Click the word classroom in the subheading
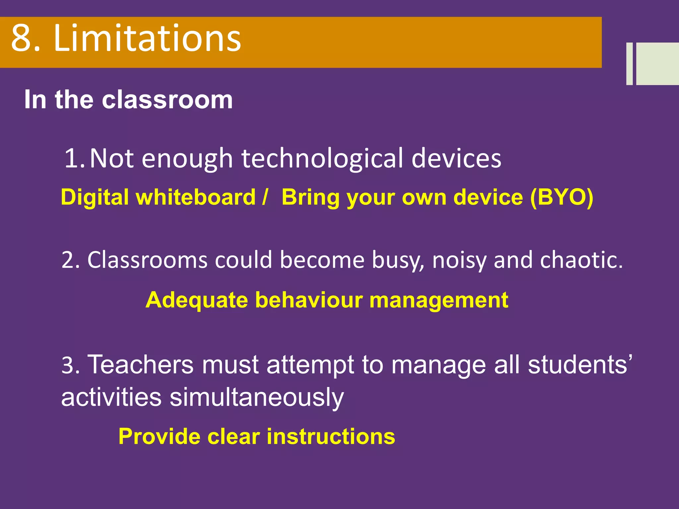pyautogui.click(x=167, y=100)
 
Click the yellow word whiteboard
pyautogui.click(x=196, y=198)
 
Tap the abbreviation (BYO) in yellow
pyautogui.click(x=562, y=198)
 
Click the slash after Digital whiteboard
pyautogui.click(x=264, y=198)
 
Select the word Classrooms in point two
pyautogui.click(x=147, y=260)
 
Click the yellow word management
pyautogui.click(x=439, y=301)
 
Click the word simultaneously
pyautogui.click(x=257, y=398)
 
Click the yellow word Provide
pyautogui.click(x=159, y=436)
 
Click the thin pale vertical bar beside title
pyautogui.click(x=629, y=64)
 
